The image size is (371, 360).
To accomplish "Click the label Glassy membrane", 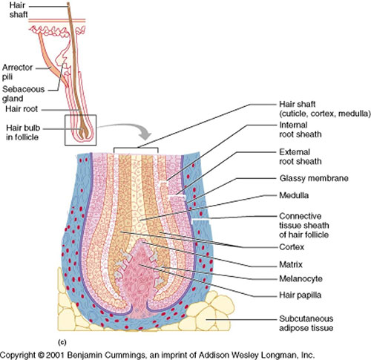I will (x=303, y=179).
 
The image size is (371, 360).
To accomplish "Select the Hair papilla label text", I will (x=298, y=295).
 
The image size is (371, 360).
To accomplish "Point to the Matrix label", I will (x=288, y=264).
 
